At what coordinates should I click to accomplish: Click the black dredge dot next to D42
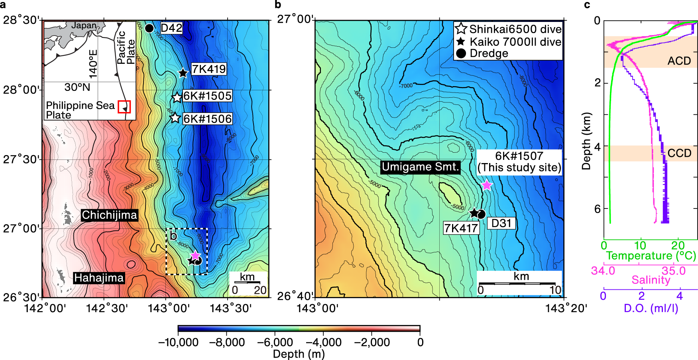click(149, 28)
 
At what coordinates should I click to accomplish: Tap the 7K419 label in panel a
click(208, 69)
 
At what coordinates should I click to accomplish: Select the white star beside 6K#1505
click(177, 97)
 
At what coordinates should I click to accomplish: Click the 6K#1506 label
click(207, 119)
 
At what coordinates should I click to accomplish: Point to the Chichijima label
click(109, 215)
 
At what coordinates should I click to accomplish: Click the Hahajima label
click(99, 278)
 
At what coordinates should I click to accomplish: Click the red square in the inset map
click(124, 106)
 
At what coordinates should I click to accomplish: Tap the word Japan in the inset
click(84, 26)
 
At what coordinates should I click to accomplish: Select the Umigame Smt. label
click(421, 167)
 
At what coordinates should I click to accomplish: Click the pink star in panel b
click(487, 185)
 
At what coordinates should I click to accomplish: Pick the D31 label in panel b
click(501, 223)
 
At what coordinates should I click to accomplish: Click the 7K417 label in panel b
click(461, 228)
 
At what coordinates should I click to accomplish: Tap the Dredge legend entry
click(489, 53)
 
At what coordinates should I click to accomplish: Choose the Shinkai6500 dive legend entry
click(515, 29)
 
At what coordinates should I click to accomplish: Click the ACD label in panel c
click(679, 61)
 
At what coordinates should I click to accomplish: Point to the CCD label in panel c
click(679, 153)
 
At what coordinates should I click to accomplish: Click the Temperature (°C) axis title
click(651, 256)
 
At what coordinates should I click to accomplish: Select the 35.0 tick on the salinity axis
click(674, 271)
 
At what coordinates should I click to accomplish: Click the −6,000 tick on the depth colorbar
click(275, 342)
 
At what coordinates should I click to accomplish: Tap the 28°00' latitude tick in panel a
click(22, 90)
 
